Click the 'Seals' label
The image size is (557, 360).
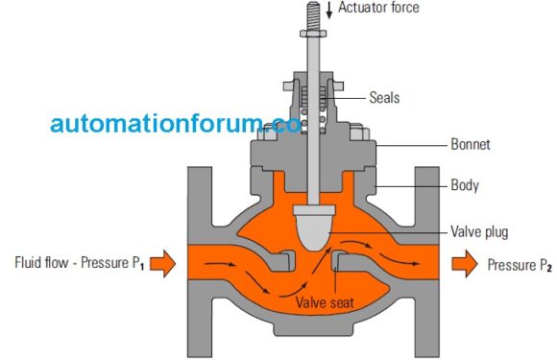pos(383,97)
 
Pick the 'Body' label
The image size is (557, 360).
pos(464,183)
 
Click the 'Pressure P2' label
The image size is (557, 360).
pos(520,263)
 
